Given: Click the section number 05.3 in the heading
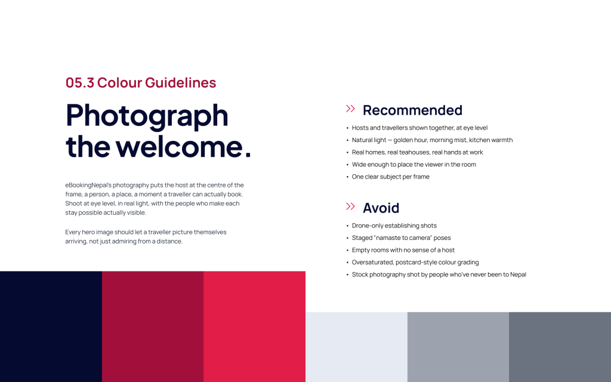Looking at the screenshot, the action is pyautogui.click(x=80, y=82).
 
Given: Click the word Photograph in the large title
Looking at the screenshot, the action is pyautogui.click(x=147, y=115).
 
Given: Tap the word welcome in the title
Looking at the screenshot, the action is pyautogui.click(x=180, y=147).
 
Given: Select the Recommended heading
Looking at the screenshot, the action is pyautogui.click(x=412, y=110).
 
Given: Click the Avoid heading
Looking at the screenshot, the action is pyautogui.click(x=381, y=208).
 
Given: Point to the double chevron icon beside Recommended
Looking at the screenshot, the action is pyautogui.click(x=350, y=109).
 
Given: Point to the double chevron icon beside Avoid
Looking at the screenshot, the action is pyautogui.click(x=350, y=206).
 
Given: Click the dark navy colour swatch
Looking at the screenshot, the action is pyautogui.click(x=51, y=326).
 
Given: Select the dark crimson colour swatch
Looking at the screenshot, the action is pyautogui.click(x=153, y=326).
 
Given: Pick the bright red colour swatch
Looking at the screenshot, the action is pyautogui.click(x=254, y=326).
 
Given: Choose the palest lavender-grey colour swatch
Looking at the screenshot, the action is pyautogui.click(x=357, y=347).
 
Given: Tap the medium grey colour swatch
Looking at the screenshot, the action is pyautogui.click(x=458, y=347).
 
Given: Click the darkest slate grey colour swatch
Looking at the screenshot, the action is pyautogui.click(x=560, y=347).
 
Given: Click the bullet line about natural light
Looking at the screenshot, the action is pyautogui.click(x=432, y=140).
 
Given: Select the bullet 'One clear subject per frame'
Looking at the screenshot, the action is pyautogui.click(x=390, y=177).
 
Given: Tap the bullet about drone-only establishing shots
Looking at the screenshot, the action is pyautogui.click(x=394, y=226).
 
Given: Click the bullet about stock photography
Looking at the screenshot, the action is pyautogui.click(x=439, y=275).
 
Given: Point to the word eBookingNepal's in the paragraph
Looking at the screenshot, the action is pyautogui.click(x=88, y=185).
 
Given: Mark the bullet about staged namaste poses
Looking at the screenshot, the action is pyautogui.click(x=401, y=238).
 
